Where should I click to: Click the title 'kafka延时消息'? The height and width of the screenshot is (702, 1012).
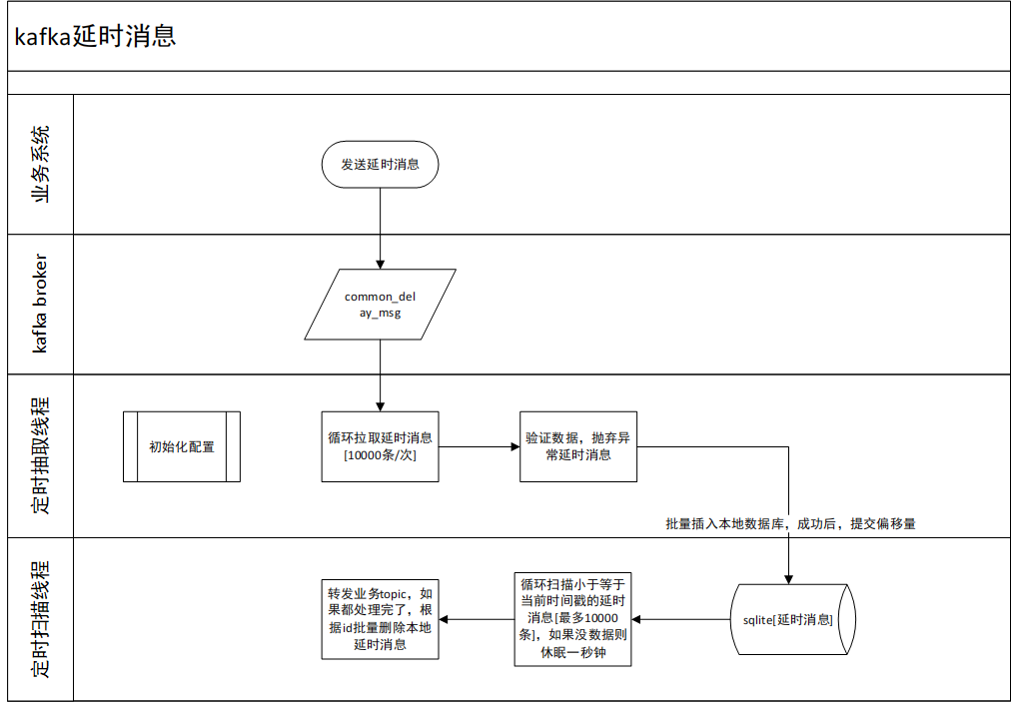tap(95, 36)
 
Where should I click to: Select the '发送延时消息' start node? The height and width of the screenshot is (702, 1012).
tap(381, 165)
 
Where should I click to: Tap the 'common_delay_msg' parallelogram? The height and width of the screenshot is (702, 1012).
tap(381, 305)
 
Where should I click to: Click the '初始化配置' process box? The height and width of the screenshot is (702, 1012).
tap(182, 446)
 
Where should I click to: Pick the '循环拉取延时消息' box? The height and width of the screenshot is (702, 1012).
tap(381, 446)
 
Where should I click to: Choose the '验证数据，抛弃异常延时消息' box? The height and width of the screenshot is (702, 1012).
tap(578, 446)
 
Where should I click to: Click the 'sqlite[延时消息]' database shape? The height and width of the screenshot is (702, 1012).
tap(793, 619)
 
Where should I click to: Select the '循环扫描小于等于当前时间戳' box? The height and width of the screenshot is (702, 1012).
tap(572, 619)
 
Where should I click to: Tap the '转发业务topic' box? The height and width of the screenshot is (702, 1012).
tap(381, 619)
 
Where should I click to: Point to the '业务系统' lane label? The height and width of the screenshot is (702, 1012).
tap(40, 165)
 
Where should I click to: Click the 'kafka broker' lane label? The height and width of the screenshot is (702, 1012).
tap(40, 304)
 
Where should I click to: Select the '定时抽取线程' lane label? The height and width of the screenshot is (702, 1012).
tap(40, 455)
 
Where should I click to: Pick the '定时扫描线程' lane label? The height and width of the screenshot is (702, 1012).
tap(40, 619)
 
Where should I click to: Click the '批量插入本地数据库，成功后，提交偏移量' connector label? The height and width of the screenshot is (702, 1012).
tap(790, 524)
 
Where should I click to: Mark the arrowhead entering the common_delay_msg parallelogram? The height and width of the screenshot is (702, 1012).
tap(381, 265)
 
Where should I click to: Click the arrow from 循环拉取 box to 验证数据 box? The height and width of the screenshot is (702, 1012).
tap(479, 446)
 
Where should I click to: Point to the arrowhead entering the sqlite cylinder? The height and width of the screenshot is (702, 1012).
tap(788, 580)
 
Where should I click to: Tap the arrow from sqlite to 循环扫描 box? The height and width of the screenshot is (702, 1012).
tap(681, 619)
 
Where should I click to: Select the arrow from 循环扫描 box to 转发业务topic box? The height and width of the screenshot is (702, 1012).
tap(477, 619)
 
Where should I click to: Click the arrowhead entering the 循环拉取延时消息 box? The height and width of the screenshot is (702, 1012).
tap(381, 407)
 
